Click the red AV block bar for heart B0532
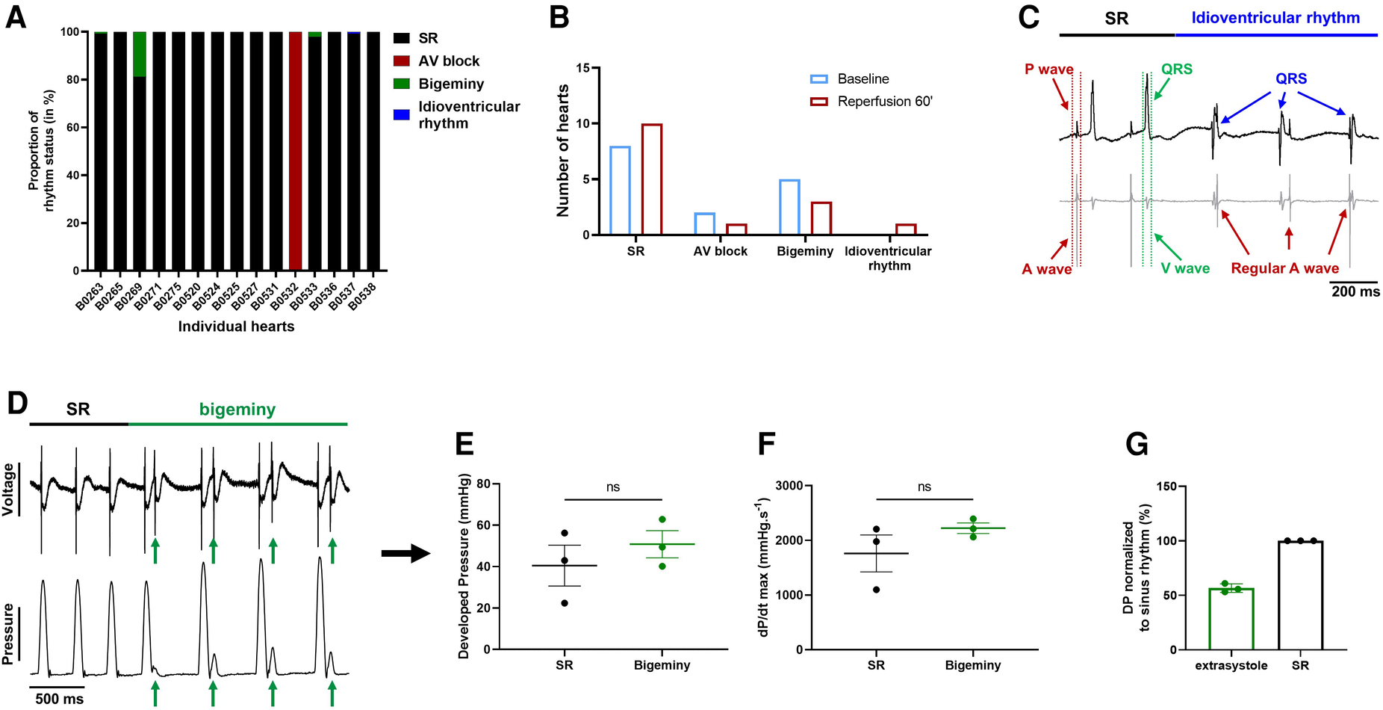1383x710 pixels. [295, 149]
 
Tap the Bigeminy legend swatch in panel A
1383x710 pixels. [402, 84]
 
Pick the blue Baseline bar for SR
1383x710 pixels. [620, 191]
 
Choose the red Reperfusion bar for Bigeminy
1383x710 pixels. [821, 218]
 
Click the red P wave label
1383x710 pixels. [1048, 70]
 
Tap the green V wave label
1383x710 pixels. [1185, 268]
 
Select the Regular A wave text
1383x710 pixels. [1284, 268]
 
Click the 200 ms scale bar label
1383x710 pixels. [1355, 291]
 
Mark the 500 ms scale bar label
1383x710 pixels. [60, 699]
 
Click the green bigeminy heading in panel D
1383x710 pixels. [237, 410]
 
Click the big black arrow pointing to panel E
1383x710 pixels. [405, 554]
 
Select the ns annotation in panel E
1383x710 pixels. [613, 487]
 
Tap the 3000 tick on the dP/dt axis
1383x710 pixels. [789, 486]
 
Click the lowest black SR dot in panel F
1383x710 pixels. [876, 590]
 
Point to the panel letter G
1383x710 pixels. [1137, 445]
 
